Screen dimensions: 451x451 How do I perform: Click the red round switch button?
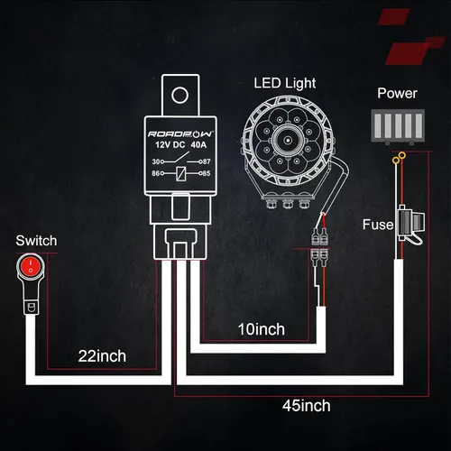coord(32,266)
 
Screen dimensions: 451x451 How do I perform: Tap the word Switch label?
coord(36,241)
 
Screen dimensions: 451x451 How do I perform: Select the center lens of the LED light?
coord(290,143)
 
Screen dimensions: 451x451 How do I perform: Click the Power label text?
coord(397,93)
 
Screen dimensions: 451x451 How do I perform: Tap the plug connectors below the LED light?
coord(318,247)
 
